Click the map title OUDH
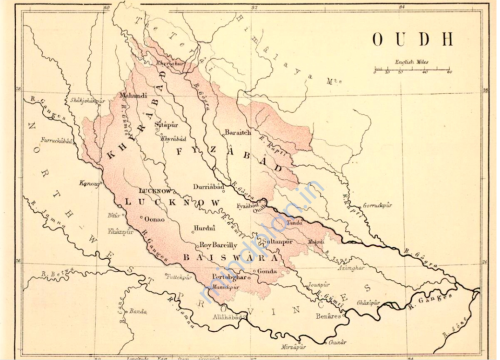(x=412, y=39)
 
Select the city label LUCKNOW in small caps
(x=154, y=191)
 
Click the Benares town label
(x=328, y=316)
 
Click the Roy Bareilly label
(x=218, y=245)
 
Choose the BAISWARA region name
(x=229, y=258)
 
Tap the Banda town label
(x=138, y=311)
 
